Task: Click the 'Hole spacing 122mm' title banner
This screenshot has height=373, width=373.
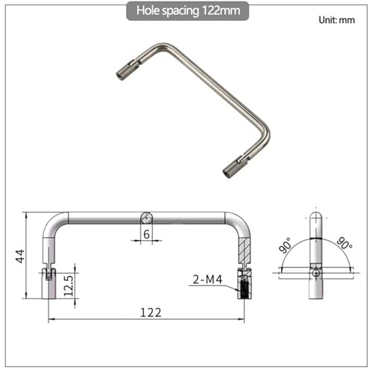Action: [187, 10]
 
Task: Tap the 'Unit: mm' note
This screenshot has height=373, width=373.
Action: [336, 20]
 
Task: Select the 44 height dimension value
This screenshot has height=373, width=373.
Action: [20, 256]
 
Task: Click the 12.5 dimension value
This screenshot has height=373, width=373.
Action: [69, 286]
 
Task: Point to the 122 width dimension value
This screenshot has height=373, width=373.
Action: [151, 313]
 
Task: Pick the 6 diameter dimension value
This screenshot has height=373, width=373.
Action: [146, 234]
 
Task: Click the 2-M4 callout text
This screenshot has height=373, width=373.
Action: [207, 280]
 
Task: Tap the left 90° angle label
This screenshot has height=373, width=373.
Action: [285, 245]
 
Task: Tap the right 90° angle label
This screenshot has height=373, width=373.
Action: [345, 243]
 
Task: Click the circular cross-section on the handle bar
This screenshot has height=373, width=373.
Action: [146, 218]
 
